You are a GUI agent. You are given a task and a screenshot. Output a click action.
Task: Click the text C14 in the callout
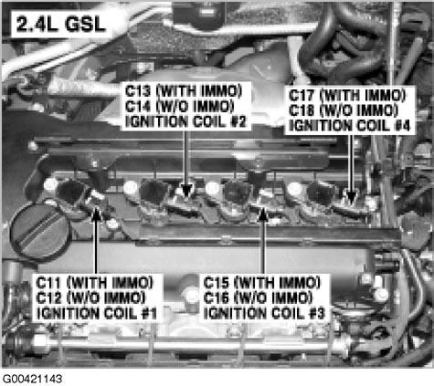point(140,107)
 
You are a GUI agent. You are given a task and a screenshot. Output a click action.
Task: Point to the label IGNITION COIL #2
point(178,120)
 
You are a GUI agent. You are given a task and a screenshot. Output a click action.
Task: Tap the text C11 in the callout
point(51,281)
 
